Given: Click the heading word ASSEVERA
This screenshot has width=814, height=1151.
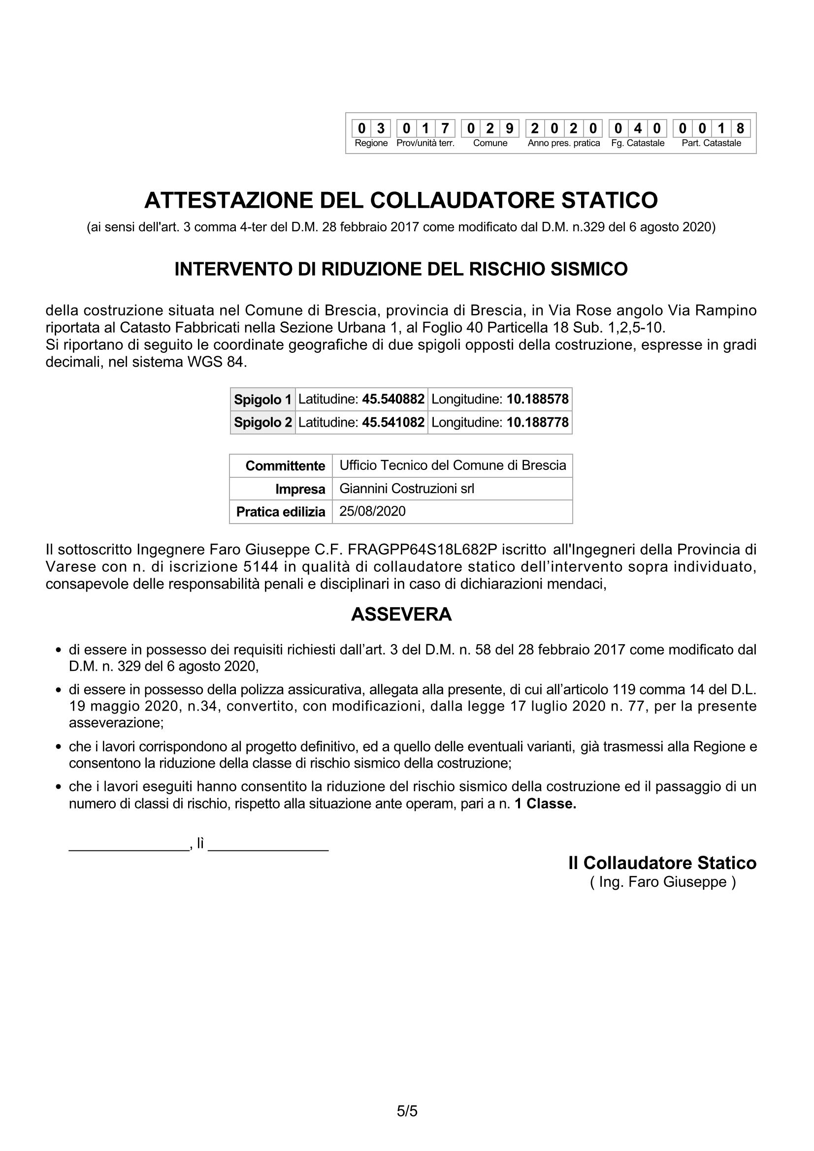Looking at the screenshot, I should pyautogui.click(x=401, y=615).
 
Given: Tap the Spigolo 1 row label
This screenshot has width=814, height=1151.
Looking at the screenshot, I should pyautogui.click(x=262, y=400).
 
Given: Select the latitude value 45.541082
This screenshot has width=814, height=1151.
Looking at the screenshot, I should pyautogui.click(x=393, y=422).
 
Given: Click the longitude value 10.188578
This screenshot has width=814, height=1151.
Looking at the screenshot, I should pyautogui.click(x=537, y=400).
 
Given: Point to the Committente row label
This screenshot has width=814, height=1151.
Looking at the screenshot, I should pyautogui.click(x=285, y=466).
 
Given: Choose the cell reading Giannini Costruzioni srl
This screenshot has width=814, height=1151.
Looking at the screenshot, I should pyautogui.click(x=406, y=488).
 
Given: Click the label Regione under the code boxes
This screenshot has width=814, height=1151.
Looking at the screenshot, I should pyautogui.click(x=371, y=143).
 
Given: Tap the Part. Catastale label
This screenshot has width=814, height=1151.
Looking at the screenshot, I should pyautogui.click(x=711, y=143).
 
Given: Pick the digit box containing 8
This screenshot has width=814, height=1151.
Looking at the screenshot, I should pyautogui.click(x=740, y=129).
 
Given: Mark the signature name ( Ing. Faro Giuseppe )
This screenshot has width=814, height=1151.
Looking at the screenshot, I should pyautogui.click(x=662, y=882).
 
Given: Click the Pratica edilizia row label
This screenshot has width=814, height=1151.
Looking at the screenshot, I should pyautogui.click(x=280, y=512).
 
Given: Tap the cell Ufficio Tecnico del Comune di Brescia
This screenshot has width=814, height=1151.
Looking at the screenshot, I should pyautogui.click(x=453, y=465).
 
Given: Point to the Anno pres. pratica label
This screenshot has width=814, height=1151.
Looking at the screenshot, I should pyautogui.click(x=564, y=143).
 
